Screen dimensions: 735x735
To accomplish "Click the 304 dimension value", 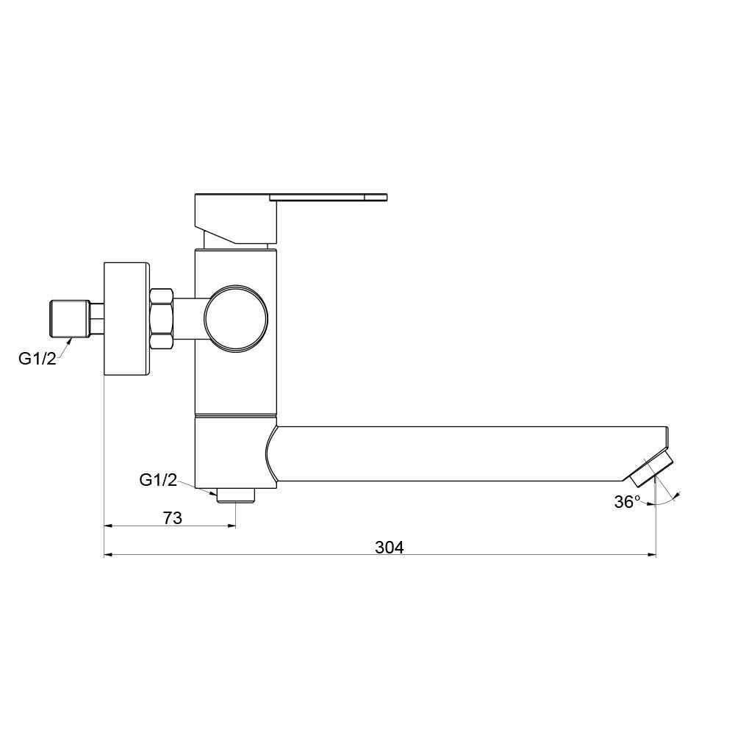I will point(390,547).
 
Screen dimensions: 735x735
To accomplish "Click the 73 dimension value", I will point(172,518).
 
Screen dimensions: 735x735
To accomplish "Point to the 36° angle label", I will point(627,502).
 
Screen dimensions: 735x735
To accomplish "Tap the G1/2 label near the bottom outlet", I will point(158,480).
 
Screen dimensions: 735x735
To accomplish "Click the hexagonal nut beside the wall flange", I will point(161,319).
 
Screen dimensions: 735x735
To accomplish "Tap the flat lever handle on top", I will point(328,196).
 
